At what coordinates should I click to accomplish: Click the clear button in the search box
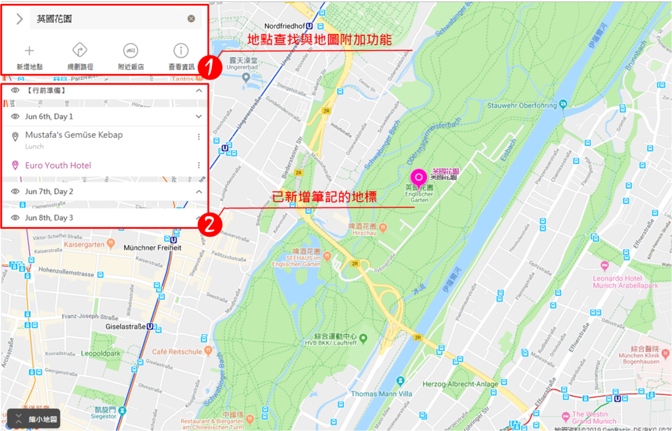click(191, 19)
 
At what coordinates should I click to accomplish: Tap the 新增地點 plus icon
click(30, 51)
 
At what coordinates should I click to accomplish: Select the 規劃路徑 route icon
click(80, 51)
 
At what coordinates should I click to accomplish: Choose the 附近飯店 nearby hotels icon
click(131, 51)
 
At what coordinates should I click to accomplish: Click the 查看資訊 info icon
click(180, 51)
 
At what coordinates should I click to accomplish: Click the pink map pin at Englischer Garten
click(418, 177)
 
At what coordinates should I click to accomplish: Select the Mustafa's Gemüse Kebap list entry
click(73, 135)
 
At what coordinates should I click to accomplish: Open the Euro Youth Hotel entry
click(58, 165)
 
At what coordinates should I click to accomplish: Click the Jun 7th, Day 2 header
click(49, 192)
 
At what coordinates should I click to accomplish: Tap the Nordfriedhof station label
click(289, 26)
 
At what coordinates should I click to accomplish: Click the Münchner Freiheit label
click(153, 247)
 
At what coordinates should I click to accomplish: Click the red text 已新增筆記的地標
click(325, 195)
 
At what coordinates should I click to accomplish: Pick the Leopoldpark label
click(101, 353)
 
